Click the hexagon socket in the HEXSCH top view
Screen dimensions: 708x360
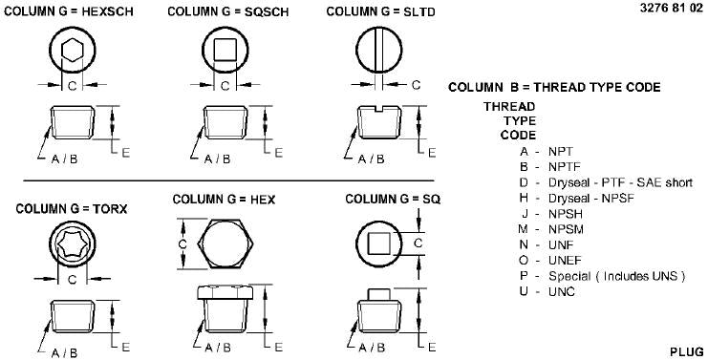click(73, 50)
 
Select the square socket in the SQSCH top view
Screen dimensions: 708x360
click(225, 50)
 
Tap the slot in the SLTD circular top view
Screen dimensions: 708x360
click(379, 50)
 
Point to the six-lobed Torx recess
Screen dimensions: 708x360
click(73, 244)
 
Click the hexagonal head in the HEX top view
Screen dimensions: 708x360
click(225, 244)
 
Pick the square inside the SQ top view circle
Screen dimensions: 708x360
click(378, 244)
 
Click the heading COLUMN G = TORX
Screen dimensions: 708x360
click(72, 209)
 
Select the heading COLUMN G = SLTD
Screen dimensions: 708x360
click(380, 11)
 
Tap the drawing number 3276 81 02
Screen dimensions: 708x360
click(671, 9)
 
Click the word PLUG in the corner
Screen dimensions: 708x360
click(686, 351)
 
